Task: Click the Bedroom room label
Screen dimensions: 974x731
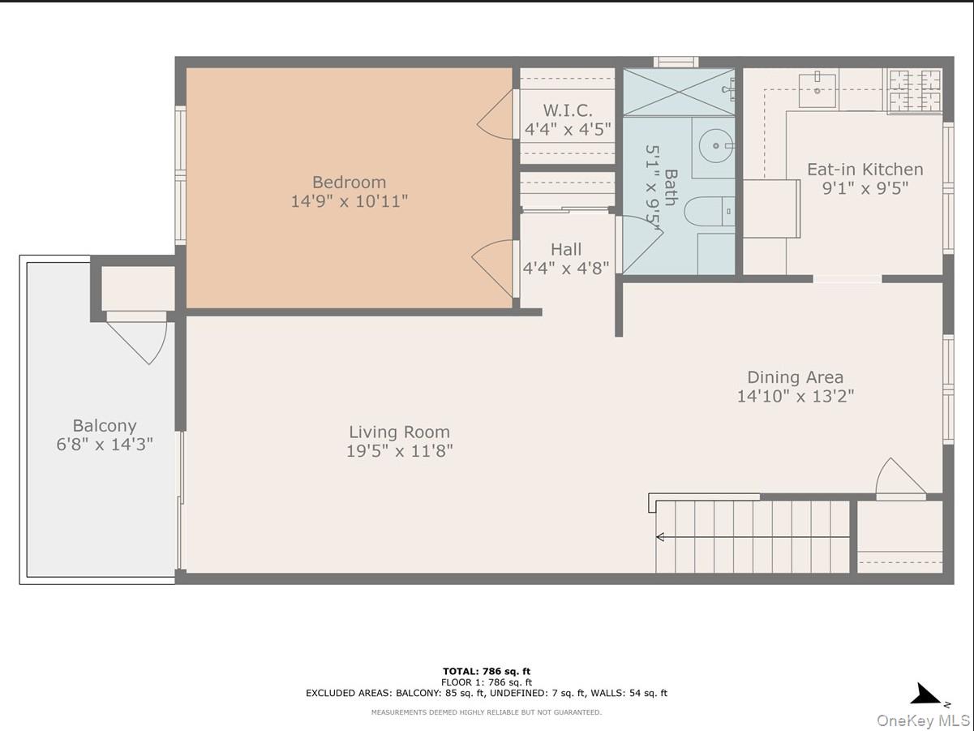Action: tap(350, 182)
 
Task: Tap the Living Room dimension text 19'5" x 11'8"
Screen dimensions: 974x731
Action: tap(399, 451)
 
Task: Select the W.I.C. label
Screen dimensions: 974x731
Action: tap(568, 110)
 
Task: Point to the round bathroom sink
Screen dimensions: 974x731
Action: tap(716, 145)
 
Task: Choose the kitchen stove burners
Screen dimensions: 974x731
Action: tap(915, 91)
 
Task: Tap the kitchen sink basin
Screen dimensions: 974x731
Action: tap(817, 91)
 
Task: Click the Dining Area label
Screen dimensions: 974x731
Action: tap(795, 377)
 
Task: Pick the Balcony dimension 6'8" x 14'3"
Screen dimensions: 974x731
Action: tap(105, 444)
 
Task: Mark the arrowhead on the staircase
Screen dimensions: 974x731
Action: tap(660, 537)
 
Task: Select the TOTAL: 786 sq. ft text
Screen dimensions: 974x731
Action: tap(487, 671)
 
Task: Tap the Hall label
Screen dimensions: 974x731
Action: tap(566, 249)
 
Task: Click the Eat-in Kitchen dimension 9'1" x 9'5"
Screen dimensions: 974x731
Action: tap(865, 188)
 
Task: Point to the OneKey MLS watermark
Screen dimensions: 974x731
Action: tap(924, 720)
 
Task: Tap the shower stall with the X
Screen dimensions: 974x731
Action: tap(679, 92)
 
